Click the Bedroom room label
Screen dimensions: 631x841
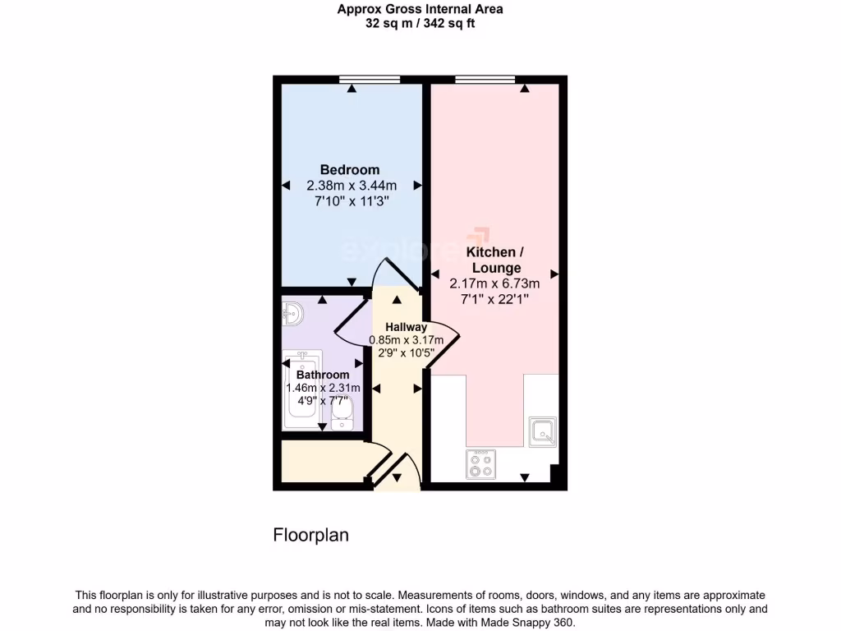click(x=350, y=170)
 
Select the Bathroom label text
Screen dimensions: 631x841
click(x=323, y=375)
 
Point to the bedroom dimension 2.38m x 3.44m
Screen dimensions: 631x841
click(x=351, y=186)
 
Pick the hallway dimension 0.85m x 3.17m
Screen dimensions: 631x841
click(x=406, y=340)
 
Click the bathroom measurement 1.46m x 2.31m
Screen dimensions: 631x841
click(x=323, y=388)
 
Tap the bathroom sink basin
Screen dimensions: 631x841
click(x=292, y=312)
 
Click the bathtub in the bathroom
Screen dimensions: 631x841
click(x=302, y=390)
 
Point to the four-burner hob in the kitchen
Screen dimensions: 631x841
click(x=480, y=465)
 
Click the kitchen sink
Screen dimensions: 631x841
click(x=543, y=431)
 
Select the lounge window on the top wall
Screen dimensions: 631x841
click(x=485, y=79)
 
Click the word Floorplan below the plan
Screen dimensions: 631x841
click(x=310, y=536)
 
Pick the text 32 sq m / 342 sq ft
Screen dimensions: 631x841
click(x=420, y=24)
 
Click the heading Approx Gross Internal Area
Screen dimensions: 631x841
click(x=420, y=10)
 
